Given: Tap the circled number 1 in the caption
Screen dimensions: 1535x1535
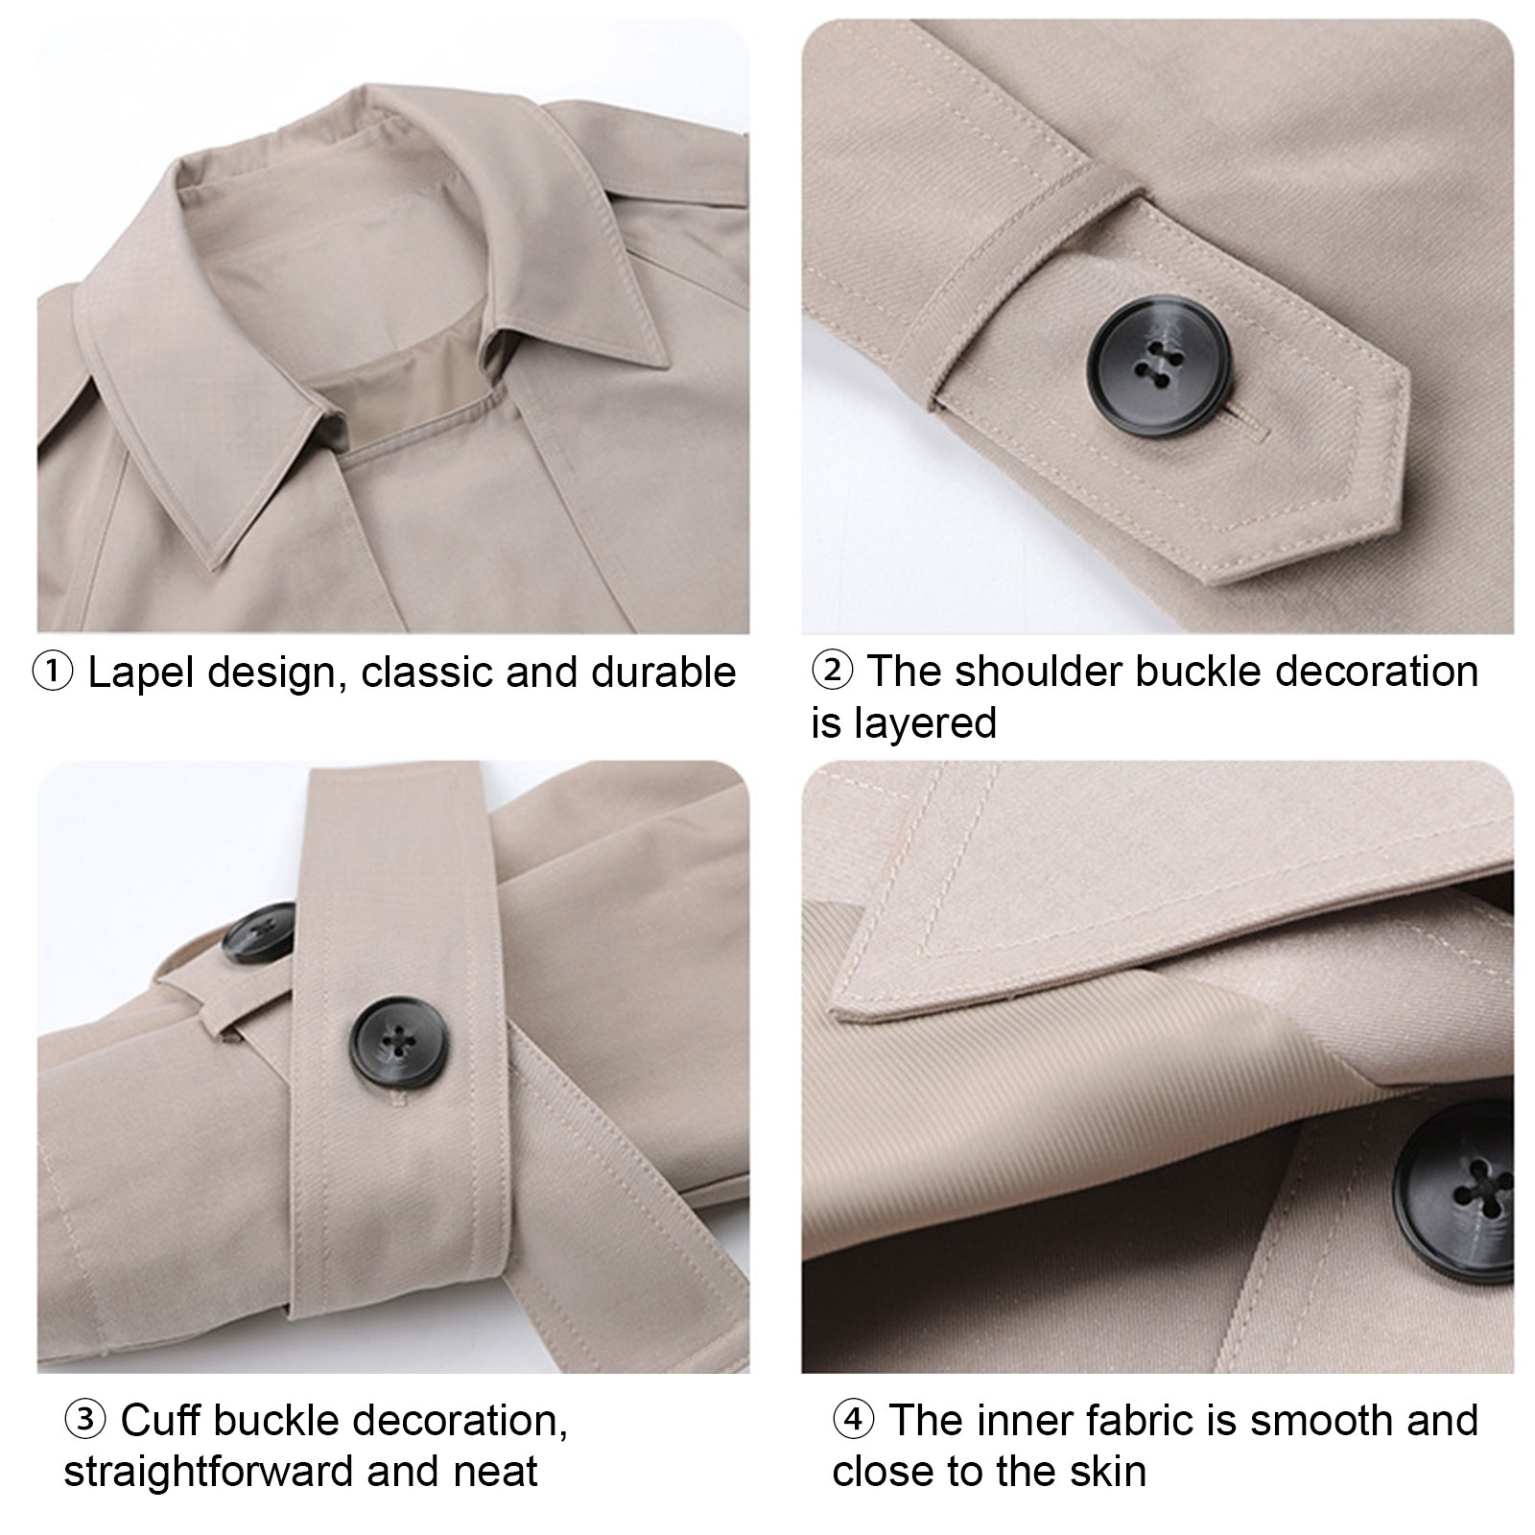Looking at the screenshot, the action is coord(52,673).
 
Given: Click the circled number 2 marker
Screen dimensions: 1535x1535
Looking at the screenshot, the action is coord(832,671).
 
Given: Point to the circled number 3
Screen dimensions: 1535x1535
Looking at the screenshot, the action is coord(84,1420).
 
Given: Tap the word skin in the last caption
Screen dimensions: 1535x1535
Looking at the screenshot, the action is coord(1110,1471).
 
